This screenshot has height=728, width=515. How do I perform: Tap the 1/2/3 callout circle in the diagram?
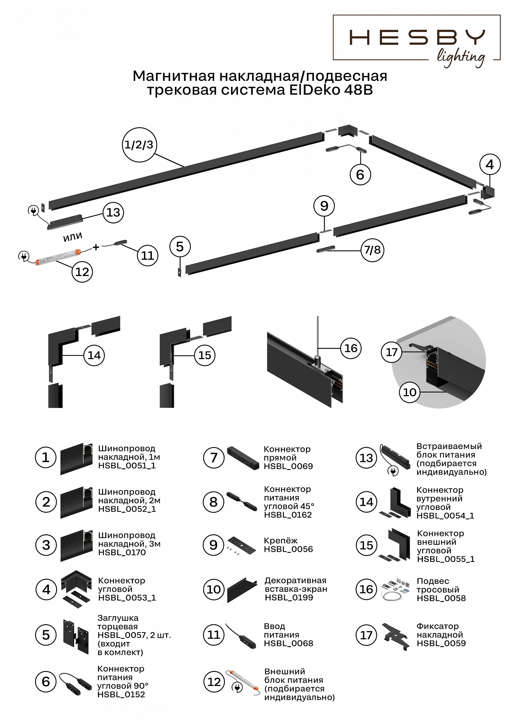(x=139, y=145)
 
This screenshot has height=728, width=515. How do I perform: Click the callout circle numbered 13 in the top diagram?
(x=113, y=212)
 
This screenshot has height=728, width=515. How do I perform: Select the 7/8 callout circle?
(x=372, y=250)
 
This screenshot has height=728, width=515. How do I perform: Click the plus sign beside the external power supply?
(x=96, y=247)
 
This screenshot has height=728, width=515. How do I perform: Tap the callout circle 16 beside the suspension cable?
(x=350, y=348)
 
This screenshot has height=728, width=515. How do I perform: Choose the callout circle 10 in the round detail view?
(x=410, y=392)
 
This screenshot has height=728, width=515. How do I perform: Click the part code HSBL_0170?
(x=122, y=552)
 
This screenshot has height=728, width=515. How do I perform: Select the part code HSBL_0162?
(x=288, y=515)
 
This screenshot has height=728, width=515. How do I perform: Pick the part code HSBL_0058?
(x=441, y=598)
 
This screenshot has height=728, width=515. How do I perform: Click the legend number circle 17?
(x=366, y=635)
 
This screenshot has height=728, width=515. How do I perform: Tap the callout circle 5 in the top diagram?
(x=180, y=247)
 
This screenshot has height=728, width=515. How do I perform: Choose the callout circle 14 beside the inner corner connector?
(x=94, y=355)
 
